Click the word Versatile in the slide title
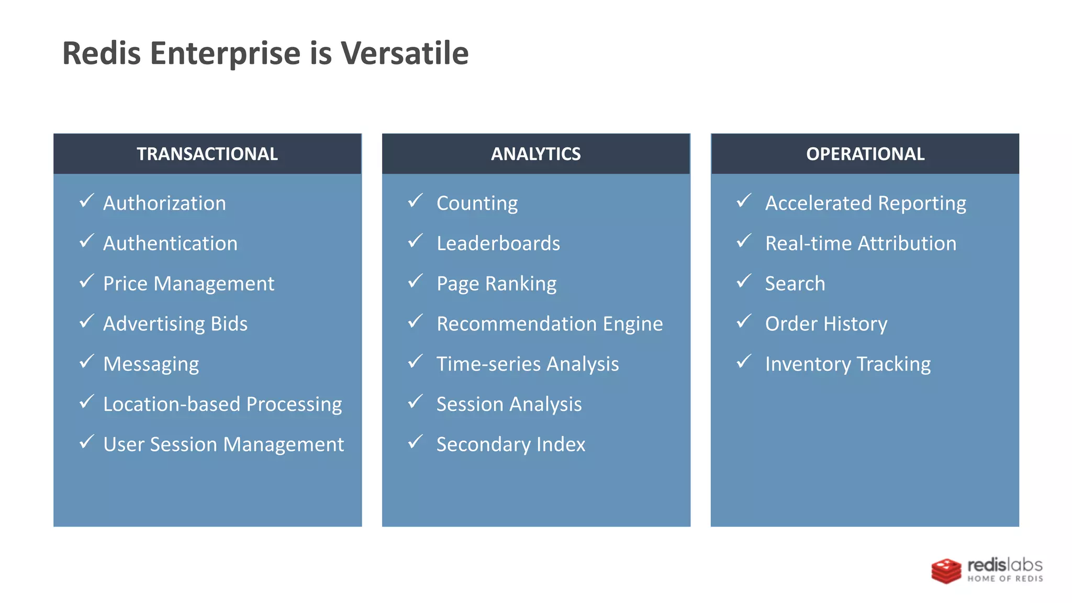coord(405,53)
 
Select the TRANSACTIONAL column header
coord(207,154)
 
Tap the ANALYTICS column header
coord(535,154)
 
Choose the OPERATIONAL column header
coord(865,154)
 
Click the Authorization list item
coord(164,203)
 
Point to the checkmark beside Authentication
coord(87,241)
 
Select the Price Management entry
coord(188,284)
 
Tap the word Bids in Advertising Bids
coord(229,323)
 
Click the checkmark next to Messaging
coord(87,362)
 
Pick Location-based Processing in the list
coord(222,404)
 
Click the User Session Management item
coord(224,444)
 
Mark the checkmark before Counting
coord(416,201)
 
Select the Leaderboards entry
coord(498,243)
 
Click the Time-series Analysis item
coord(528,364)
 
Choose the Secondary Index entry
coord(511,444)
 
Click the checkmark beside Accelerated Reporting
coord(744,201)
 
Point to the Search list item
coord(795,284)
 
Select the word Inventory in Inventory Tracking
coord(808,364)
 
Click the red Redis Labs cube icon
coord(946,571)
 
